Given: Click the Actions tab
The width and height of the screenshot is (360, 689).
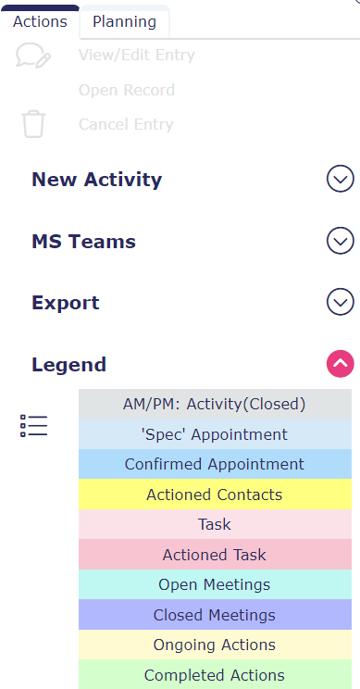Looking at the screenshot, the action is pos(40,21).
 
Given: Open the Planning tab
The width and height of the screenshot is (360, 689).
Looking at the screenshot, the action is pos(125,21).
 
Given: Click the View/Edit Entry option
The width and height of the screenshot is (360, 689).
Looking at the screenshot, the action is pos(137,56).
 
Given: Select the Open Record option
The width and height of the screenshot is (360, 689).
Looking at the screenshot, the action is pos(127,90).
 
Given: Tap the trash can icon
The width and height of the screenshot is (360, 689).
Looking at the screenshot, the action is pos(33,124).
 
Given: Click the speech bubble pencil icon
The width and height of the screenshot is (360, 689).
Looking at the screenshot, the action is pos(33,56).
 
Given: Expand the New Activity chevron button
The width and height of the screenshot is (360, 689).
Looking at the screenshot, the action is pos(341,179).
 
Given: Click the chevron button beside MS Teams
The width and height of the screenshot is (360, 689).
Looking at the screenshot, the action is pos(341,241).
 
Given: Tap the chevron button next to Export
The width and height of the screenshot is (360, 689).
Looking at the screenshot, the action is pos(341,302).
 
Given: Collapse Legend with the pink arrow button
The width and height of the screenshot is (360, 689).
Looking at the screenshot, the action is pos(341,364).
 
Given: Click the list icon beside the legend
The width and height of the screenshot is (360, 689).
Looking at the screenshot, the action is pos(33,426).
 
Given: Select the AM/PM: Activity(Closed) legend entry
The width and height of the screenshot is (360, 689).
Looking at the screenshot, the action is pos(215,404).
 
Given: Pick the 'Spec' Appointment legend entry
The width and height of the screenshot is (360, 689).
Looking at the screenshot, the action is pos(215,434).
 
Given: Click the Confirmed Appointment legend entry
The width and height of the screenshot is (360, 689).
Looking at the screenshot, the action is pos(215,464).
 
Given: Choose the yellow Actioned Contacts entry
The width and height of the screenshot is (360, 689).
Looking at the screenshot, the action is pos(215,495).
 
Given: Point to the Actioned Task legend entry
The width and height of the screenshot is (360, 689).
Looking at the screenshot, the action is pos(215,555).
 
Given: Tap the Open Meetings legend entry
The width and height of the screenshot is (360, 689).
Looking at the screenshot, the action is pos(215,584).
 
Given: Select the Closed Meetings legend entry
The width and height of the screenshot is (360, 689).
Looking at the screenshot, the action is pos(215,615).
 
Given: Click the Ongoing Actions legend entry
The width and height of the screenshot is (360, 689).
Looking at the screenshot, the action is pos(215,645).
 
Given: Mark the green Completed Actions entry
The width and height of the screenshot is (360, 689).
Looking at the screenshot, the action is pos(215,674).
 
